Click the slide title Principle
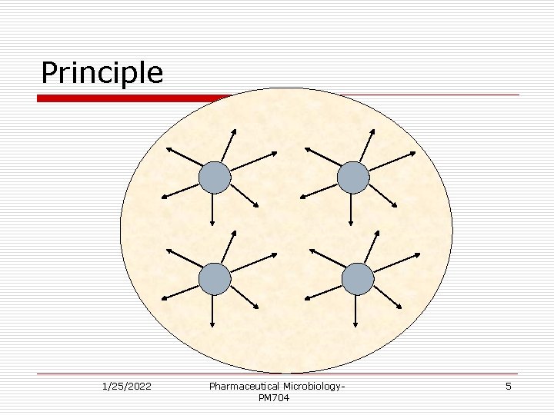(x=102, y=73)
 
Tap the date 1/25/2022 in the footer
(x=126, y=386)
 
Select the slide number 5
(x=508, y=386)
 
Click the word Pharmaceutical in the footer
(x=244, y=386)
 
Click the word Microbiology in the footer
(x=312, y=386)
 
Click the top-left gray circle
(x=215, y=178)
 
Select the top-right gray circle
(x=353, y=178)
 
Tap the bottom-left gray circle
(x=215, y=279)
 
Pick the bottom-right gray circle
(x=358, y=279)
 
